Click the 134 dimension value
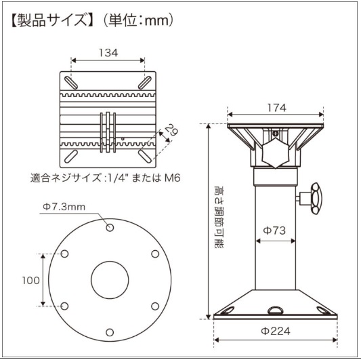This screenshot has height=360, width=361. [x=108, y=53]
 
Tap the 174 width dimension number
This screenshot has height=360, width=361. [x=277, y=108]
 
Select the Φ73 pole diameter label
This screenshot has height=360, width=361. [x=274, y=231]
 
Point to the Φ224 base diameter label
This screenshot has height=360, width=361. [x=276, y=332]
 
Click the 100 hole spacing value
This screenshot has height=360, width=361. [x=31, y=281]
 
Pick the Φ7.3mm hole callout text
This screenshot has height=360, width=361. [x=64, y=207]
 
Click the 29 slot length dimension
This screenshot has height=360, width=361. [x=173, y=129]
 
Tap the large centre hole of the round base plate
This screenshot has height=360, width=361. [x=110, y=280]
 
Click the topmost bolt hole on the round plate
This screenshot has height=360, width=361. [x=110, y=228]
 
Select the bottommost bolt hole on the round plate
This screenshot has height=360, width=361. [x=110, y=332]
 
